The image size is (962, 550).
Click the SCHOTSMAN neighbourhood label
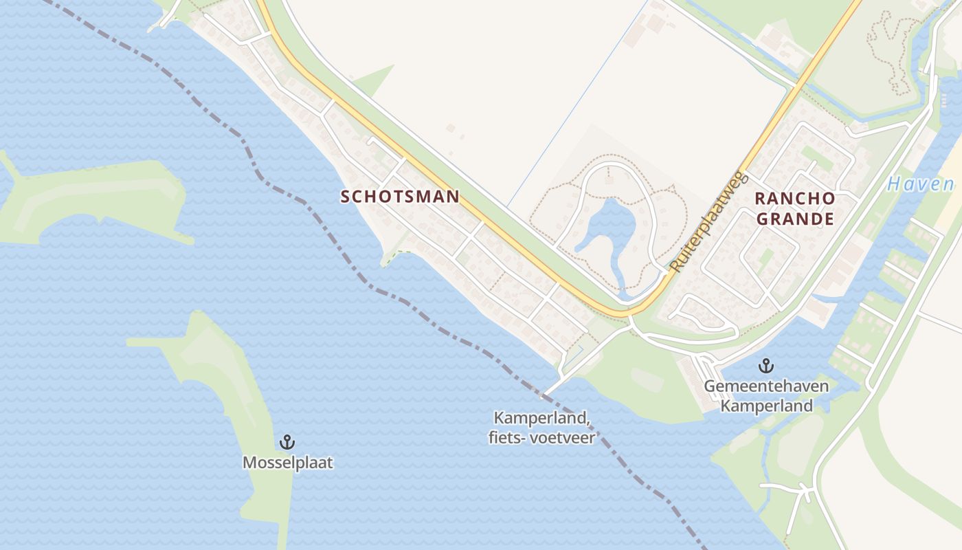click(x=400, y=197)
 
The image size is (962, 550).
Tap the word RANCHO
click(x=795, y=199)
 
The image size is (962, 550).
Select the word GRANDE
click(x=795, y=219)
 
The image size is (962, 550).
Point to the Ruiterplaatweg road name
click(x=708, y=221)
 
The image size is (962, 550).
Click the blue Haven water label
click(x=920, y=184)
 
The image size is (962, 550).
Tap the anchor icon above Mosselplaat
click(x=287, y=441)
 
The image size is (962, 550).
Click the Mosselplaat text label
click(x=287, y=463)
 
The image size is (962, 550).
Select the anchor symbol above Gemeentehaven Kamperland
click(x=765, y=365)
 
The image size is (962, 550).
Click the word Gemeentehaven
click(x=765, y=386)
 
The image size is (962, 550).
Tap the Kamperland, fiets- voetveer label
click(x=542, y=428)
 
